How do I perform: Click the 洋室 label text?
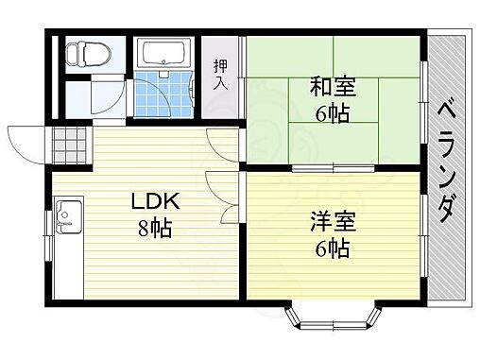coord(330,225)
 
